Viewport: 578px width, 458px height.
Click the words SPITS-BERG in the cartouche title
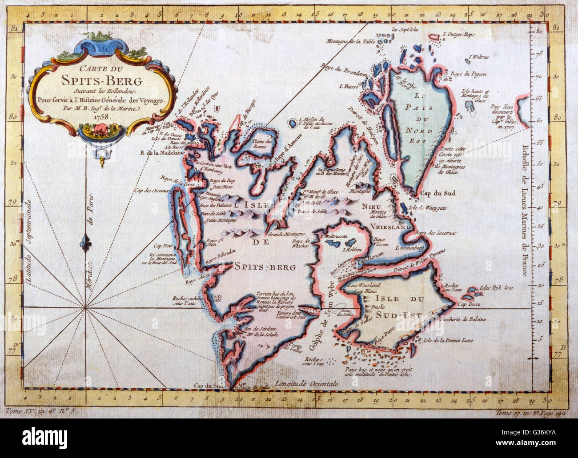102,81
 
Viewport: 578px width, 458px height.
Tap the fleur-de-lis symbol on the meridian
86,244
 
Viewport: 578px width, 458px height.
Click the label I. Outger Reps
459,34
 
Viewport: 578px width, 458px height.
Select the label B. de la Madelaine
162,154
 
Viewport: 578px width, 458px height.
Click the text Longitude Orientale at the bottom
306,383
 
